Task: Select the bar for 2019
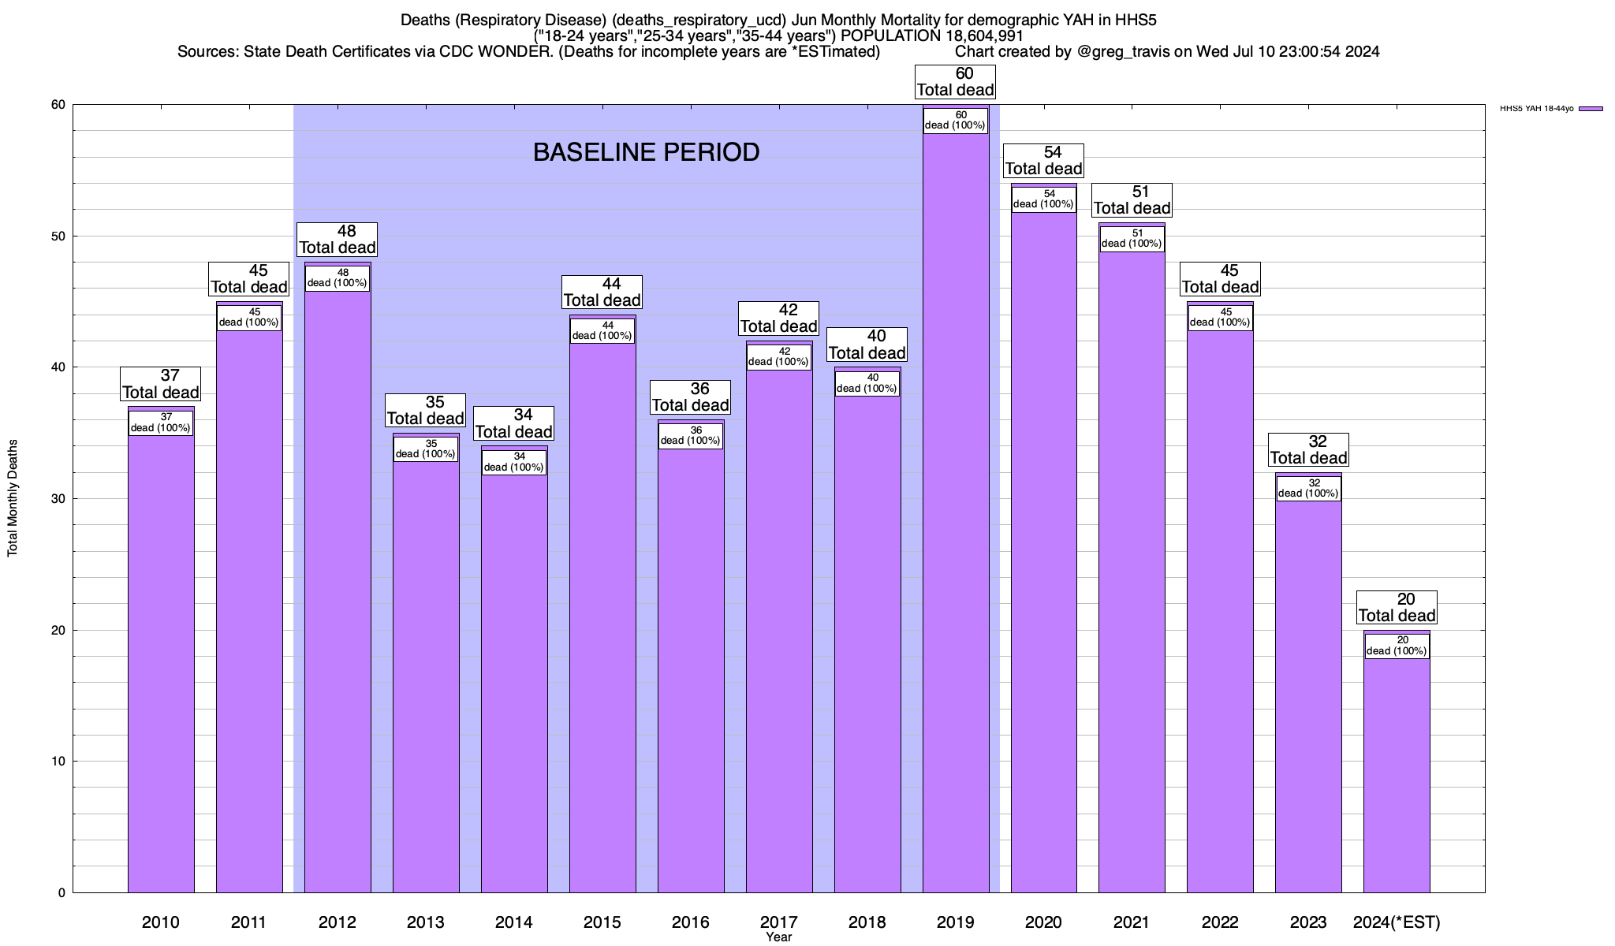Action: (x=955, y=512)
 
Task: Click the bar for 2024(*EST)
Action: (x=1397, y=773)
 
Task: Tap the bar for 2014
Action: (x=514, y=678)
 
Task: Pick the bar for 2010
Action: (x=161, y=662)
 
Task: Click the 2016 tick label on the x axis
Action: (x=690, y=922)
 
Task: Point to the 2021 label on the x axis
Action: (x=1132, y=922)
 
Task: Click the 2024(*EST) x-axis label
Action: (x=1397, y=922)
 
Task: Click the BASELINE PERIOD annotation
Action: (x=646, y=152)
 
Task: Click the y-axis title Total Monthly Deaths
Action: (x=13, y=498)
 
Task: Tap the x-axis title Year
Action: (x=778, y=937)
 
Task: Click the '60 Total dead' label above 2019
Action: (x=955, y=82)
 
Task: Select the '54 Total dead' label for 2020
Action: (x=1043, y=161)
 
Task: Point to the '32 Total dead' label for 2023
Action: (x=1308, y=450)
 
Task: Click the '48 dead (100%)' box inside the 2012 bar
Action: (x=337, y=278)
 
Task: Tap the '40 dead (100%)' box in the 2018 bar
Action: (x=867, y=383)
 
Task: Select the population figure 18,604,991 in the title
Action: (x=968, y=36)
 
